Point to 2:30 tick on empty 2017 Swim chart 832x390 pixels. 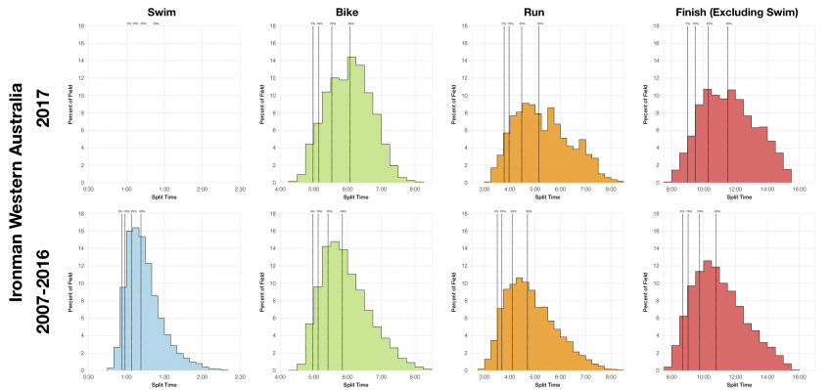pyautogui.click(x=240, y=190)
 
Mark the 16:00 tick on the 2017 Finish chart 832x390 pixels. pyautogui.click(x=799, y=190)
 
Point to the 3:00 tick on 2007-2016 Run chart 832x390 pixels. pyautogui.click(x=485, y=377)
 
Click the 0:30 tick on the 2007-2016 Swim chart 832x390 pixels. pyautogui.click(x=88, y=377)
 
